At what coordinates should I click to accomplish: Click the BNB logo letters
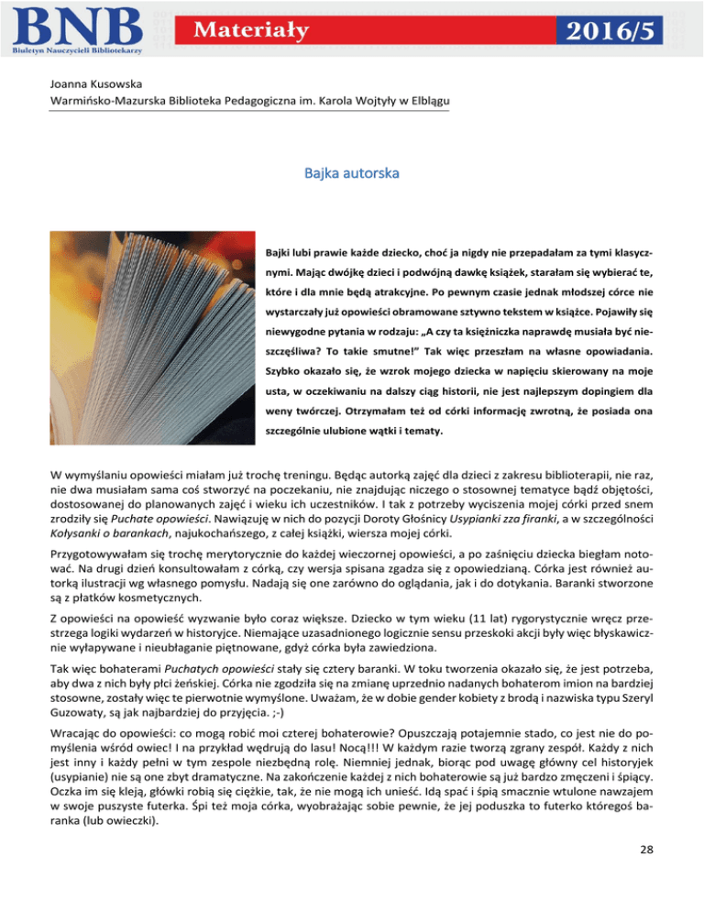77,24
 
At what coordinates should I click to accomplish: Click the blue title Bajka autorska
351,171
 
